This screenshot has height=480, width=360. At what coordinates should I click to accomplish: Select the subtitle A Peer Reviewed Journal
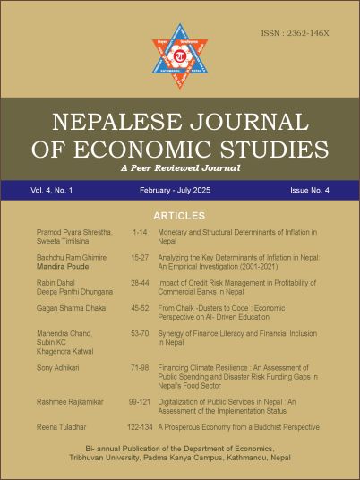click(180, 167)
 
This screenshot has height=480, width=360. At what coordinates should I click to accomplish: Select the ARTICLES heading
click(180, 216)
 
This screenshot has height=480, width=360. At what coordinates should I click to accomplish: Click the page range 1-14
click(139, 232)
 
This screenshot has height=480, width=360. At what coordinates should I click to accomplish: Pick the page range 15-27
click(139, 258)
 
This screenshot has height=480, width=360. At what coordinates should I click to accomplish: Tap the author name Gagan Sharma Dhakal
click(71, 308)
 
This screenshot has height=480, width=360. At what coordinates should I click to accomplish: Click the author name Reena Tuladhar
click(59, 427)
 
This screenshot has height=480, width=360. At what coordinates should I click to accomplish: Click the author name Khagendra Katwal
click(66, 350)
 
